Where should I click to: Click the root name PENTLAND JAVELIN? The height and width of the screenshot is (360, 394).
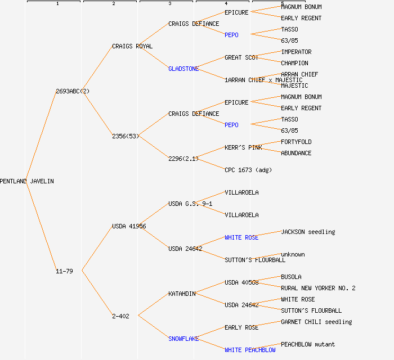[x=27, y=181]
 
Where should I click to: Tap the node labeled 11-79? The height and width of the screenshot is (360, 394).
[x=64, y=271]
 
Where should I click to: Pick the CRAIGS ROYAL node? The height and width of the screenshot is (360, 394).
[x=132, y=46]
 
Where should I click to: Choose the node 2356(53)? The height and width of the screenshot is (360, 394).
[x=126, y=136]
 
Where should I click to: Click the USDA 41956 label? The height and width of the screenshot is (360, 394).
[x=129, y=226]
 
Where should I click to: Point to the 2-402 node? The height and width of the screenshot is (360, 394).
[x=120, y=316]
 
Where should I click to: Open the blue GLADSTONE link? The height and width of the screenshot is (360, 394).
[x=183, y=69]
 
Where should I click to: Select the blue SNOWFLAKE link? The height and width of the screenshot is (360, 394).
[x=183, y=339]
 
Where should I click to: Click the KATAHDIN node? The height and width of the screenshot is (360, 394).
[x=182, y=294]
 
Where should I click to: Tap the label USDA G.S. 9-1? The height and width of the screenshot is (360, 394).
[x=190, y=204]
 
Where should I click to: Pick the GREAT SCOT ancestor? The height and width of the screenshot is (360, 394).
[x=241, y=57]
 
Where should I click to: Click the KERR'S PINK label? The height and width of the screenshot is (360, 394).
[x=243, y=147]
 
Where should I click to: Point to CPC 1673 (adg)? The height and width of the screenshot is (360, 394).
[x=248, y=170]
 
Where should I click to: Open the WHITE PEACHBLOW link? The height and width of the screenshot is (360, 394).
[x=250, y=350]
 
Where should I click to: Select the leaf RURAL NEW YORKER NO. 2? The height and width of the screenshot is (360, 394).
[x=318, y=288]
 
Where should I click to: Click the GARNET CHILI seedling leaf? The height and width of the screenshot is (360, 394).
[x=316, y=322]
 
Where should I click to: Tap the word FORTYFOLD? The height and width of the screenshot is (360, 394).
[x=296, y=142]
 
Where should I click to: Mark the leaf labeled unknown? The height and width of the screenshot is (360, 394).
[x=293, y=254]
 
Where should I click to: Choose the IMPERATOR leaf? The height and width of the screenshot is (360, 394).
[x=296, y=52]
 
